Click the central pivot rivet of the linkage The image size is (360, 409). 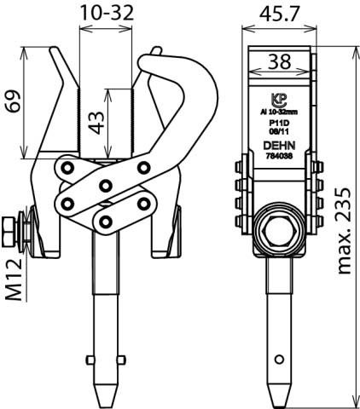pos(106,186)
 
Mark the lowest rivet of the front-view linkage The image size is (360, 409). pos(106,222)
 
